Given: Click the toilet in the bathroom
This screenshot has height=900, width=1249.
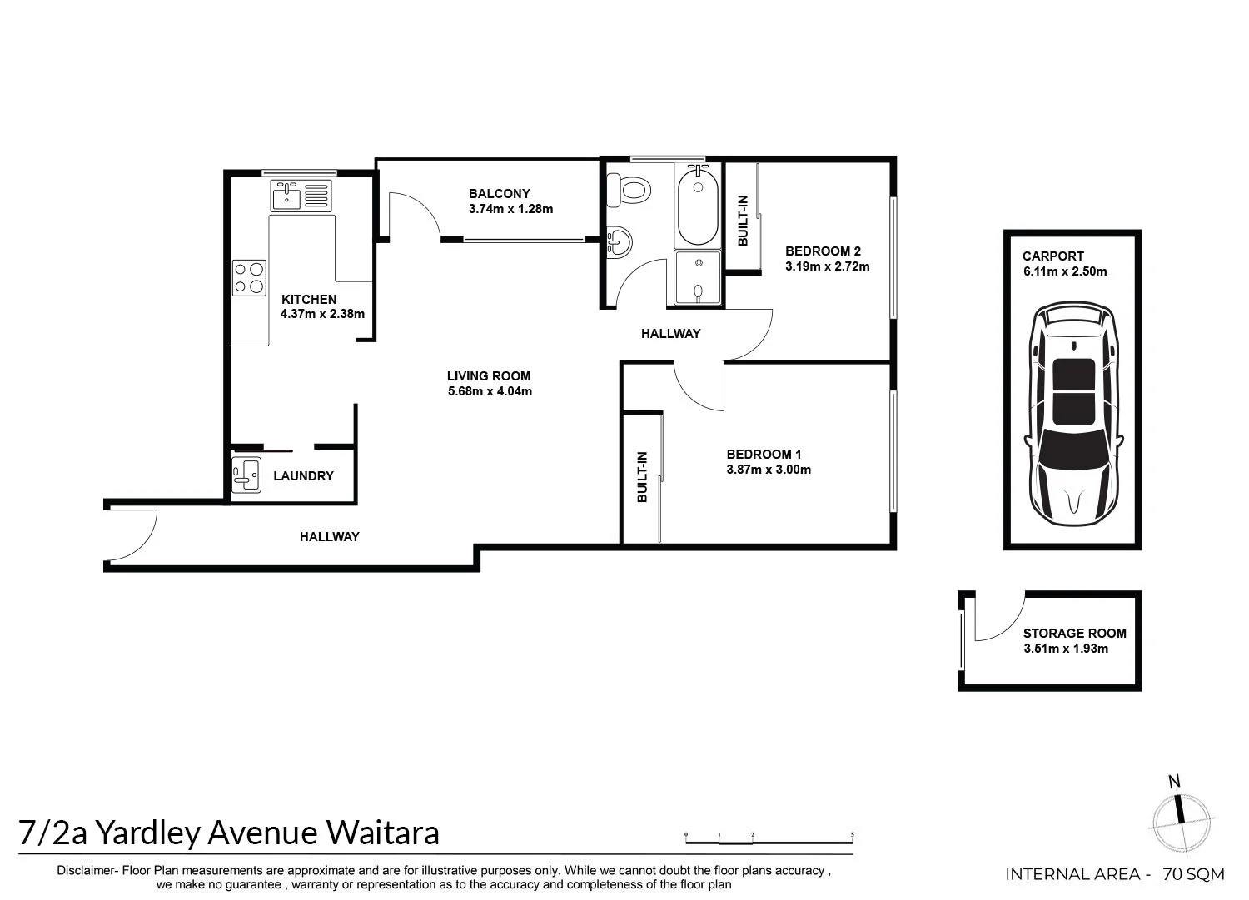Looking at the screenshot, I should (627, 189).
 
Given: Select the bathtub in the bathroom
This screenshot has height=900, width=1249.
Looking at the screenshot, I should (697, 205).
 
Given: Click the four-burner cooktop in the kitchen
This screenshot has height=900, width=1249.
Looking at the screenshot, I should (249, 277).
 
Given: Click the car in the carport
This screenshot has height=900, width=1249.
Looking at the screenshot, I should (1072, 412).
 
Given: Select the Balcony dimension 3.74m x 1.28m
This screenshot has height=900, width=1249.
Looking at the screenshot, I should (510, 209).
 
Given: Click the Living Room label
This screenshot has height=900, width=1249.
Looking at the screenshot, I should (488, 375).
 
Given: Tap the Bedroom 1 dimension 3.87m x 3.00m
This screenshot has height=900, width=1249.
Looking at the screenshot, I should (769, 470).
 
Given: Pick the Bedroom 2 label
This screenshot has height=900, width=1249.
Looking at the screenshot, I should (822, 251).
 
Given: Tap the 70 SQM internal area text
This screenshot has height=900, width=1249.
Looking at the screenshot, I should (1193, 874).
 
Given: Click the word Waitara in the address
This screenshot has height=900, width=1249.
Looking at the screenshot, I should (382, 832).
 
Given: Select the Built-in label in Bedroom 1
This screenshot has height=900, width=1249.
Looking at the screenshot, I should (642, 477).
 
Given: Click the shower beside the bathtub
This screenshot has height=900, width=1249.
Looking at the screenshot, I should (697, 276).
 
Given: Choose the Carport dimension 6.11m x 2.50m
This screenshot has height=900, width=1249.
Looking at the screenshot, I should (1065, 271).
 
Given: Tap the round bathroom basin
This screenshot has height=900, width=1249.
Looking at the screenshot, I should (619, 242).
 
